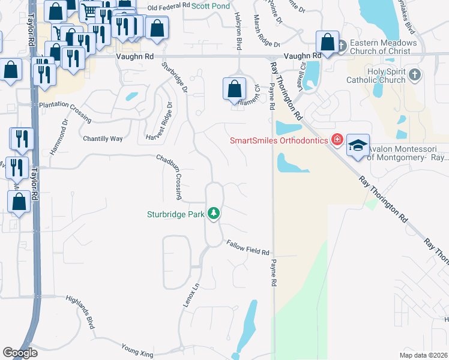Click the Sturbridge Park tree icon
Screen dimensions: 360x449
point(214,213)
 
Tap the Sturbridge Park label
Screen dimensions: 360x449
point(176,214)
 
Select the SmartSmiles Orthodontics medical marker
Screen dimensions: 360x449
point(337,140)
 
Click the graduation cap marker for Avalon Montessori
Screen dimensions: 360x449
point(358,146)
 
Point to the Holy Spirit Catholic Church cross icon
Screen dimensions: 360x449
point(414,76)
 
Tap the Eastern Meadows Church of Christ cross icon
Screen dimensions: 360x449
point(341,46)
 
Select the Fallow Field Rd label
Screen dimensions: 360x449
point(247,247)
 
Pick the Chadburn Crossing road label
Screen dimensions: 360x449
point(170,177)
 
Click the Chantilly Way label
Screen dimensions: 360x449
point(103,139)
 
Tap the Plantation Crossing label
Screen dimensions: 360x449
point(65,111)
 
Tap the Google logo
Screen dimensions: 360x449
point(20,353)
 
